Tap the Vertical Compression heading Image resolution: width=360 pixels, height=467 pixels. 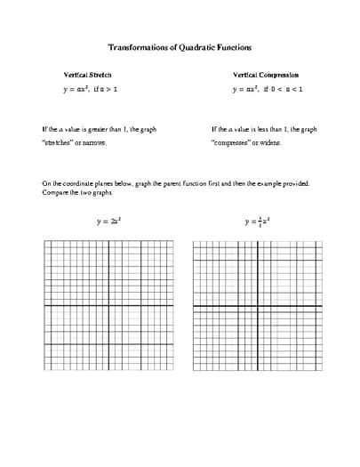tap(266, 76)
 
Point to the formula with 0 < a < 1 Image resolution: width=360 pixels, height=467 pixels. tap(267, 90)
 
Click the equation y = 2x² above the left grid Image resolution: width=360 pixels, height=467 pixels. tap(108, 221)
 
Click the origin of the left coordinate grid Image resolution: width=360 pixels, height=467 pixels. tap(108, 306)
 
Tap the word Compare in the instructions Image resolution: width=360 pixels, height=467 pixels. tap(53, 193)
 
